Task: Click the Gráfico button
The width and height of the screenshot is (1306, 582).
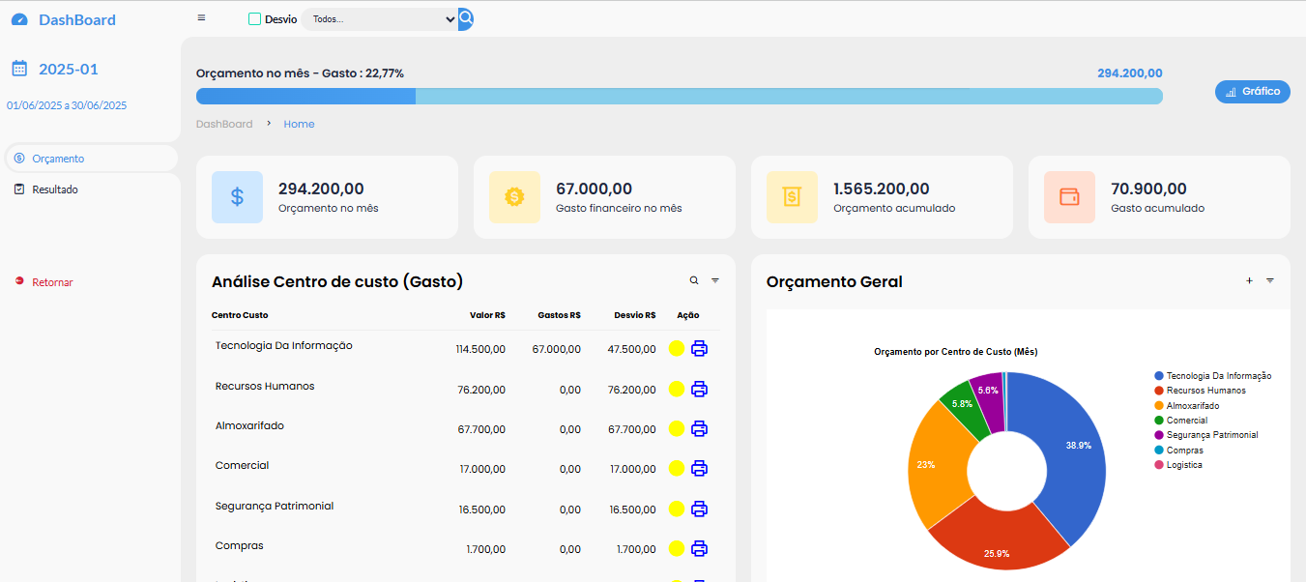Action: pos(1252,92)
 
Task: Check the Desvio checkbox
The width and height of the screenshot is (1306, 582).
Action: pos(255,18)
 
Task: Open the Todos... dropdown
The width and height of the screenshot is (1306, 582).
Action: pos(379,19)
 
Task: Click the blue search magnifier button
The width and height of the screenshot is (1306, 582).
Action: pos(466,18)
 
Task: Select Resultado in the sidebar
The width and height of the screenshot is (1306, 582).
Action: pos(55,189)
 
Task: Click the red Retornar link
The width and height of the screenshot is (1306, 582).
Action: pos(52,282)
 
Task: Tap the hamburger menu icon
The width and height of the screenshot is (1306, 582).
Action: pos(201,17)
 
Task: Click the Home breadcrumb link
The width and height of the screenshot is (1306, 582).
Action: pos(299,124)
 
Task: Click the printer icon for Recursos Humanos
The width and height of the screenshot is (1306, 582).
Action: pos(699,389)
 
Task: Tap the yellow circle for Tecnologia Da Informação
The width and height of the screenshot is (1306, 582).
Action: pos(676,349)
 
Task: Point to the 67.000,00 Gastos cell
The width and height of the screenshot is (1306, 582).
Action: pos(556,349)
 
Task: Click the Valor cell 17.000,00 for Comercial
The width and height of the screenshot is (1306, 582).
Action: pos(481,469)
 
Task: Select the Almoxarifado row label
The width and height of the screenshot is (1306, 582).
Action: pos(249,425)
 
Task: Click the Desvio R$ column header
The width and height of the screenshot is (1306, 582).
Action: pos(634,315)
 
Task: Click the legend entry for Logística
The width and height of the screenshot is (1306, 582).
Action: pos(1184,465)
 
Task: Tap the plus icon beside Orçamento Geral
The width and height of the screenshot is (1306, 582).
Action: pos(1249,280)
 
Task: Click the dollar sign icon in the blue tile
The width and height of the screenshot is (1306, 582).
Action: pos(237,197)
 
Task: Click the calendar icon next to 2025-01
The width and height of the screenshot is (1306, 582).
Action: pos(19,69)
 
